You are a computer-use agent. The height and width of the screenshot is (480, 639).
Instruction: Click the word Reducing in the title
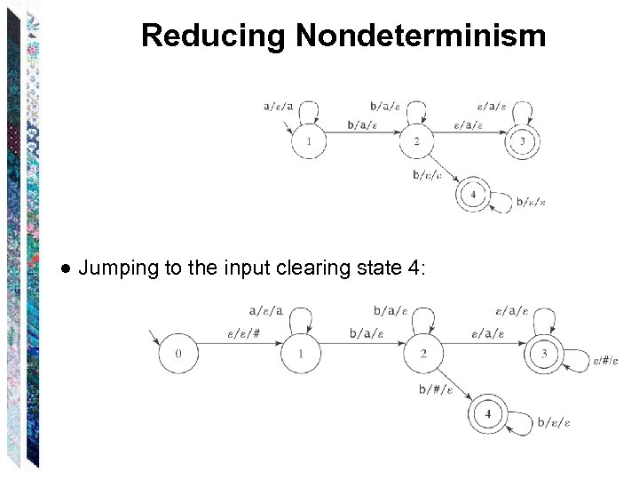pos(214,36)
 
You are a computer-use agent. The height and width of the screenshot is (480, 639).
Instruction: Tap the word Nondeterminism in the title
pos(421,36)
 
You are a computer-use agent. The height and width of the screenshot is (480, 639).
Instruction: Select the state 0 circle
pos(178,355)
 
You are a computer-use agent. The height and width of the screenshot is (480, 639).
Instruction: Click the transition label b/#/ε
pos(435,388)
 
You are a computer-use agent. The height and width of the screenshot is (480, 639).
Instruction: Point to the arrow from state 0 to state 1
pos(240,355)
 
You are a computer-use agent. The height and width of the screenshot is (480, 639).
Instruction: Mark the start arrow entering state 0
pos(157,339)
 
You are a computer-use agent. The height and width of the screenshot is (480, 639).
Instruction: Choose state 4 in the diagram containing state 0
pos(487,414)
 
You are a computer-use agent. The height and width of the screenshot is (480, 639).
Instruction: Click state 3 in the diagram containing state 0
pos(543,355)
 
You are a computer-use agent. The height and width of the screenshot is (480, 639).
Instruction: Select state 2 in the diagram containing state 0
pos(423,355)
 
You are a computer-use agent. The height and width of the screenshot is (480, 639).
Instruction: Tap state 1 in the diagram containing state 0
pos(301,355)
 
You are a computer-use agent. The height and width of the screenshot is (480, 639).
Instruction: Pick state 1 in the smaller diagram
pos(308,141)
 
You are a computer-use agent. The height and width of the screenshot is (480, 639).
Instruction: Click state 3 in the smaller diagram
pos(523,141)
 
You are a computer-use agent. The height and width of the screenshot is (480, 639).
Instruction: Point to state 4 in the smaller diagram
pos(473,194)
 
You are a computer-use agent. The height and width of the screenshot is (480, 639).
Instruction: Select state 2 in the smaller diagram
pos(415,141)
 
